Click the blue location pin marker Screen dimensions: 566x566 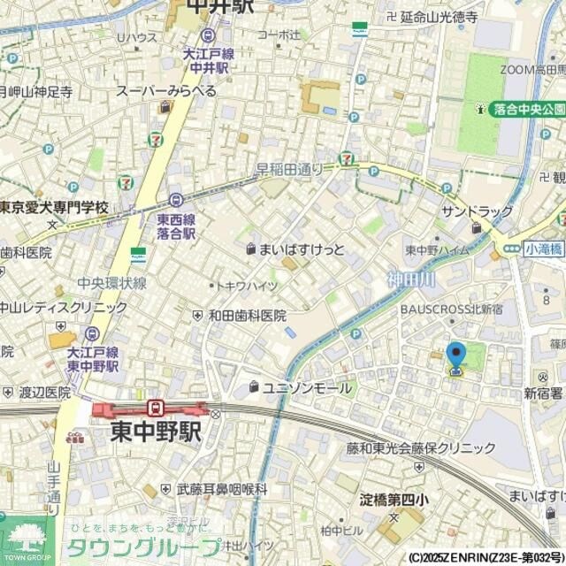click(456, 357)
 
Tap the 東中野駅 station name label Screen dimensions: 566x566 click(156, 432)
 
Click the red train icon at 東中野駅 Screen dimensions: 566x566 click(156, 408)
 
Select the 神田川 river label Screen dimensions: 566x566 click(410, 279)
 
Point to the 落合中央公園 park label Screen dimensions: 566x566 click(529, 109)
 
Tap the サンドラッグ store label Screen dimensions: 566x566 click(478, 212)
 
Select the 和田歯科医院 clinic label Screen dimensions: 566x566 click(247, 316)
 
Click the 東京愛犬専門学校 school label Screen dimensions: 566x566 click(53, 208)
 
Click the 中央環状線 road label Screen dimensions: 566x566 click(111, 283)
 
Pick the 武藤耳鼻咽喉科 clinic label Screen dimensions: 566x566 click(221, 488)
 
